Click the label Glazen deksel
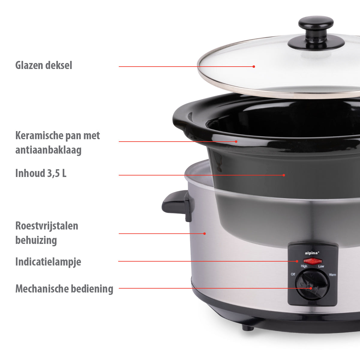[44, 65]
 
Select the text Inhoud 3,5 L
[41, 173]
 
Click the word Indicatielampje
[48, 262]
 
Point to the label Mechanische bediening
[64, 289]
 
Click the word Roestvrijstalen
[47, 226]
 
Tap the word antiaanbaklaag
[48, 150]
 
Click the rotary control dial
[312, 284]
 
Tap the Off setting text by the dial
[293, 274]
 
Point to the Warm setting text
[332, 274]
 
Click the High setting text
[304, 266]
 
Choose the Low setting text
[321, 266]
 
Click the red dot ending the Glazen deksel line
[254, 66]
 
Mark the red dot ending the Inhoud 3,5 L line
[284, 175]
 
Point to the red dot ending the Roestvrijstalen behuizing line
[205, 233]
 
